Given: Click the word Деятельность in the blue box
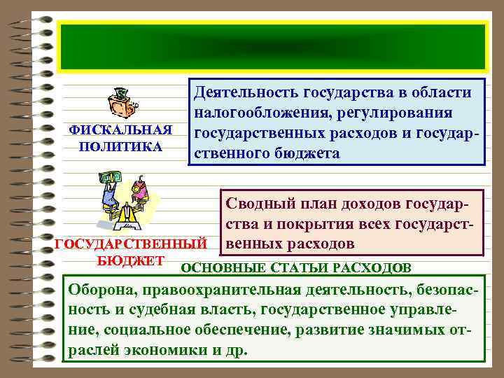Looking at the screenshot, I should [x=247, y=92].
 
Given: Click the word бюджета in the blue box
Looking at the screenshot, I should [x=308, y=153].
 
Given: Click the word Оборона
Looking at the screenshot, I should [x=97, y=290].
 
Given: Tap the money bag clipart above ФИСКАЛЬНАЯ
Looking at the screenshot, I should [x=122, y=104].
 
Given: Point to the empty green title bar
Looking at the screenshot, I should [x=272, y=46].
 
